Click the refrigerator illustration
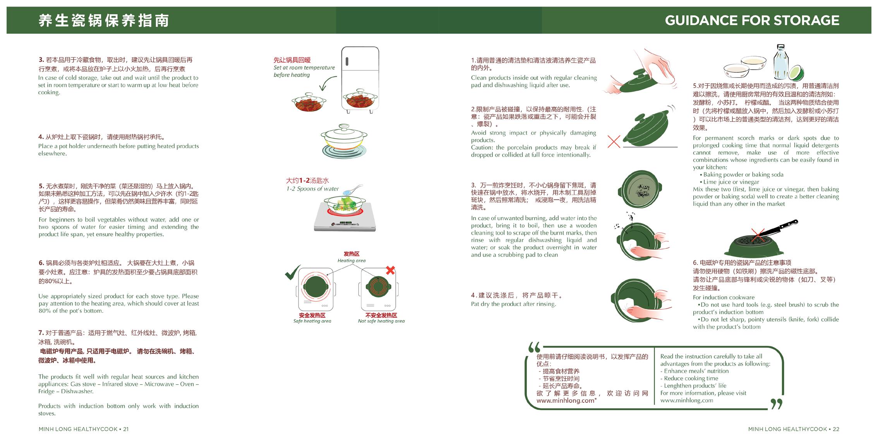click(x=360, y=79)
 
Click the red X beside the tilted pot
click(x=614, y=141)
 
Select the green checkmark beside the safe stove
click(x=293, y=272)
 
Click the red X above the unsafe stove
click(x=390, y=270)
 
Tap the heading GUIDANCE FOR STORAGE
click(x=752, y=20)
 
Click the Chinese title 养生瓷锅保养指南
click(x=104, y=21)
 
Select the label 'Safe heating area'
click(x=312, y=321)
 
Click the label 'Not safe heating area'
click(x=381, y=321)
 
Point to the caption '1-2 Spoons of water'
click(x=312, y=189)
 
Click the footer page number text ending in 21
click(x=84, y=429)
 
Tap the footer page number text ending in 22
click(x=794, y=429)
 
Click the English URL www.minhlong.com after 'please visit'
click(x=687, y=400)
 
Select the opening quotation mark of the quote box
click(x=534, y=347)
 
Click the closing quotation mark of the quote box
click(x=776, y=404)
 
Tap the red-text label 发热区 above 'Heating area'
click(x=352, y=254)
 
